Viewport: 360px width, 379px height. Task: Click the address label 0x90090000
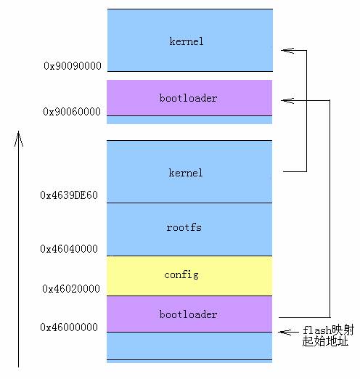point(72,66)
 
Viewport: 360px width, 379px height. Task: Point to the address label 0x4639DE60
point(69,195)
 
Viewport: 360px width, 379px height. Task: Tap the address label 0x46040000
point(69,249)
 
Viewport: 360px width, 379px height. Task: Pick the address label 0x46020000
point(70,289)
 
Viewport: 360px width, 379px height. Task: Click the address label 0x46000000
point(69,327)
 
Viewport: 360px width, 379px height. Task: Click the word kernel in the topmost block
point(187,41)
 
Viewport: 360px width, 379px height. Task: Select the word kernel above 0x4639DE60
point(186,173)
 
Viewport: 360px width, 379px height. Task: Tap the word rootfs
point(184,227)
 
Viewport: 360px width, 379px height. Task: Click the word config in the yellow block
point(181,274)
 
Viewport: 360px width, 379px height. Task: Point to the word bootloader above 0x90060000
point(188,97)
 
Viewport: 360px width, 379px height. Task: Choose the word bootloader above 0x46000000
point(188,314)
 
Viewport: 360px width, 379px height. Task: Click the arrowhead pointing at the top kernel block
point(285,50)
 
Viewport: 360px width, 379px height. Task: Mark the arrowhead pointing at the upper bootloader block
point(285,100)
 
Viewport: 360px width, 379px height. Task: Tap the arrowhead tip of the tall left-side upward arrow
point(19,134)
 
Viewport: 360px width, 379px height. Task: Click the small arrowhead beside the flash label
point(285,332)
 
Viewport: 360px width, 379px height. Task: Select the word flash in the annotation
point(317,330)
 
